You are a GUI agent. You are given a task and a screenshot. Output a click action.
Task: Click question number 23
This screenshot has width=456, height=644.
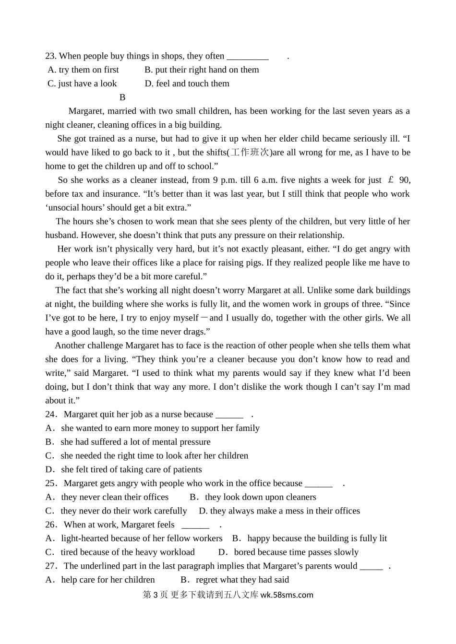click(51, 56)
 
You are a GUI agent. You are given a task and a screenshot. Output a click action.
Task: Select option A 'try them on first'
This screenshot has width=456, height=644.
click(84, 70)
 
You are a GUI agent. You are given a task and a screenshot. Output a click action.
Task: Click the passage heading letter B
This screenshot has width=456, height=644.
click(122, 97)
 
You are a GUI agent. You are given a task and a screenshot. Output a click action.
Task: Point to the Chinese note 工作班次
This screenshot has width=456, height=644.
click(251, 153)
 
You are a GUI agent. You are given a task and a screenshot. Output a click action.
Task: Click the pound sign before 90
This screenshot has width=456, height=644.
click(391, 180)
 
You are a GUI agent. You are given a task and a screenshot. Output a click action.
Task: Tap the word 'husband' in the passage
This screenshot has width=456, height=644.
click(61, 235)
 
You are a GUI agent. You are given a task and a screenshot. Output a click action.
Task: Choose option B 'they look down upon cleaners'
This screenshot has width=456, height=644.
click(253, 497)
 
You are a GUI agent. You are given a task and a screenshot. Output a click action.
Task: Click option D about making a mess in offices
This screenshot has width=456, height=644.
click(279, 511)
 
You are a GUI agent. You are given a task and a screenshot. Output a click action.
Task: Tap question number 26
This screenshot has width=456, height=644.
click(51, 525)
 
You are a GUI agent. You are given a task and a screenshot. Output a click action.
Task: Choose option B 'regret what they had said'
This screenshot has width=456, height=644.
click(235, 580)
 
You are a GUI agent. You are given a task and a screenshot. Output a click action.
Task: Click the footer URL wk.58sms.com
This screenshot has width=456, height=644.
click(287, 595)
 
